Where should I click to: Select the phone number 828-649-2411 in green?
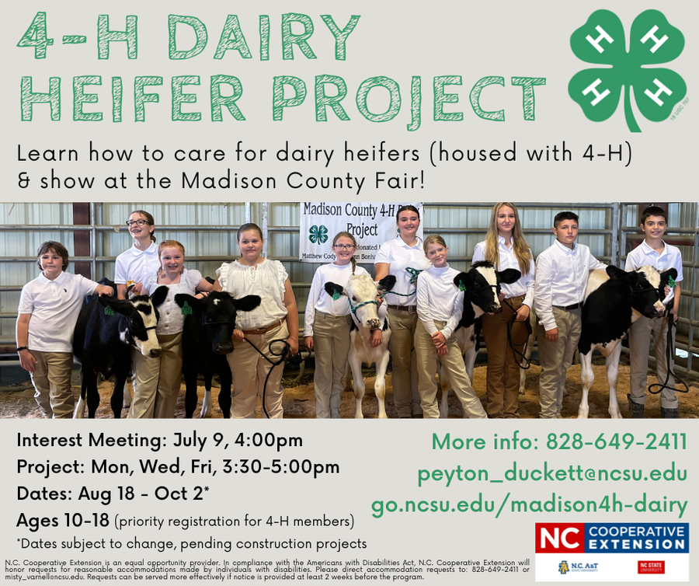(x=617, y=442)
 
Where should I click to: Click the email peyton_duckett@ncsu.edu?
(x=552, y=473)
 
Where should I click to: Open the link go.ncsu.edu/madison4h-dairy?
(x=529, y=505)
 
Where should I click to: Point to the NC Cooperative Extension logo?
(x=611, y=537)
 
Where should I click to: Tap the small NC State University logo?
(x=650, y=567)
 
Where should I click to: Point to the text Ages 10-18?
(x=63, y=520)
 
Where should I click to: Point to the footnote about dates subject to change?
(x=191, y=543)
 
